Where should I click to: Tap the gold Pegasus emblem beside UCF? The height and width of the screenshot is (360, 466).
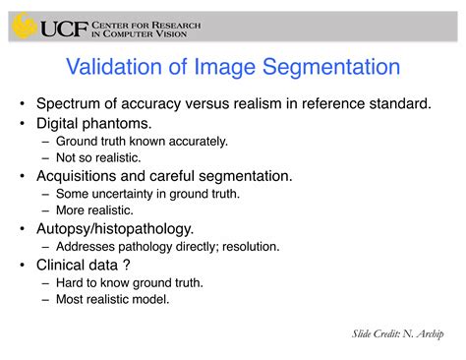pyautogui.click(x=25, y=27)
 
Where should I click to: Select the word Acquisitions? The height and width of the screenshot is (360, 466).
pyautogui.click(x=83, y=176)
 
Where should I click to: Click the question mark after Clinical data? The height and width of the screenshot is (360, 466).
pyautogui.click(x=127, y=265)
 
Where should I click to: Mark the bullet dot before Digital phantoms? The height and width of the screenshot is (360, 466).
pyautogui.click(x=21, y=124)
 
